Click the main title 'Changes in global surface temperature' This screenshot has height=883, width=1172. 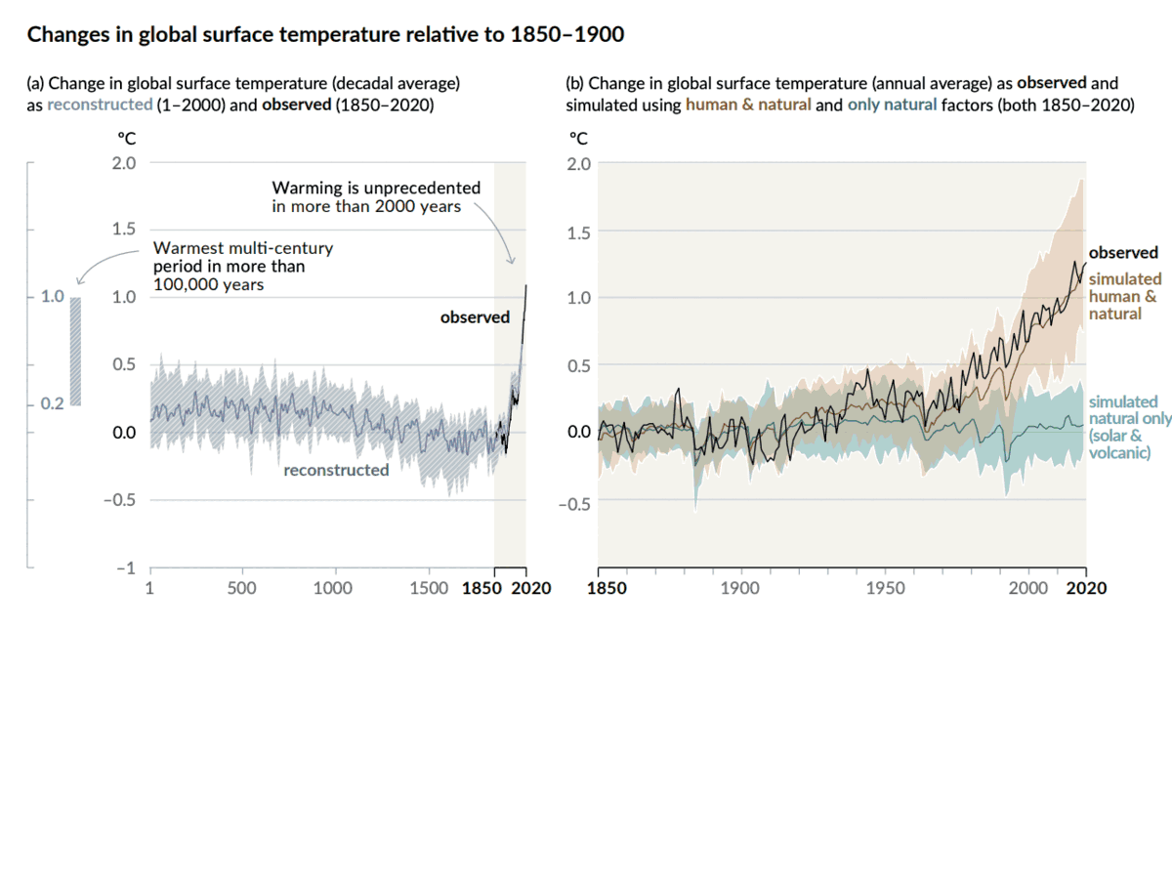pos(325,35)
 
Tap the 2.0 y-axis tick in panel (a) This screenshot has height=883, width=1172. pos(124,162)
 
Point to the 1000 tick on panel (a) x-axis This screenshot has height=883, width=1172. pos(333,588)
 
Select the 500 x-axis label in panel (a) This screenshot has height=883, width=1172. pos(241,588)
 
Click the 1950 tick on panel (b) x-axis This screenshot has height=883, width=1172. pos(885,588)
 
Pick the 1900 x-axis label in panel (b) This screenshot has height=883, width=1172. pos(739,588)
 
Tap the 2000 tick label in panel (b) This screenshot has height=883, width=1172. pos(1028,588)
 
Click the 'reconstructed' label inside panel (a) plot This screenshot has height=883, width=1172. pos(336,470)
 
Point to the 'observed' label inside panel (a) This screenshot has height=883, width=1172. pos(475,316)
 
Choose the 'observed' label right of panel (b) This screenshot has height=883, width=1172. pos(1123,252)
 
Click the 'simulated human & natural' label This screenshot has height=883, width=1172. pos(1124,296)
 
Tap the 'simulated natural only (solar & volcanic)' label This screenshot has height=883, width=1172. pos(1129,427)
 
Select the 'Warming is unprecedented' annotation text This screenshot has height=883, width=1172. pos(376,196)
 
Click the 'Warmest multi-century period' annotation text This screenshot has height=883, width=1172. pos(242,266)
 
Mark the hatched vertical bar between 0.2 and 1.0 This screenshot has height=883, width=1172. pos(76,351)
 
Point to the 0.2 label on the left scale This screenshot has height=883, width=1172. pos(52,403)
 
